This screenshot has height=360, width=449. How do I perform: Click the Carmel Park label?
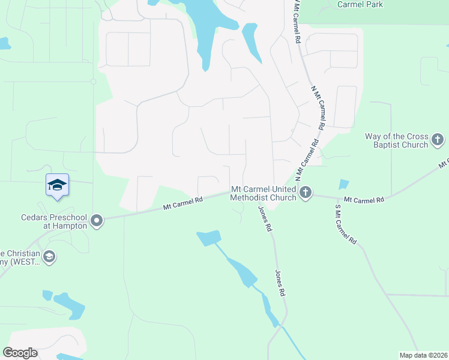coord(360,4)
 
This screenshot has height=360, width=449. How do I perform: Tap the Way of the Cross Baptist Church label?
coord(397,140)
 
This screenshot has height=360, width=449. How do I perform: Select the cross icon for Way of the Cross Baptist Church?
coord(438,140)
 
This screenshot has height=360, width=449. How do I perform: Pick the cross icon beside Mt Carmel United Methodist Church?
coord(306,193)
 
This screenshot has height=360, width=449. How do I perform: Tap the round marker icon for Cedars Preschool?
coord(96,221)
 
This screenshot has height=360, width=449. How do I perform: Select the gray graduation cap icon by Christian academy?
coord(49,257)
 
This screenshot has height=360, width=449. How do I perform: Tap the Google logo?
coord(20,352)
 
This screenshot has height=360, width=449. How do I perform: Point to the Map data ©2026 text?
coord(422,355)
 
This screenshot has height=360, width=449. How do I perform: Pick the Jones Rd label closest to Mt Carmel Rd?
coord(265,220)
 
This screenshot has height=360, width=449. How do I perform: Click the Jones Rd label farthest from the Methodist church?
coord(280,283)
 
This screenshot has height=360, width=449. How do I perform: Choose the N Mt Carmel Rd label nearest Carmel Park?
coord(296,21)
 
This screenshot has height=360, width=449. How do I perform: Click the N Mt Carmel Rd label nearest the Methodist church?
coord(307,158)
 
